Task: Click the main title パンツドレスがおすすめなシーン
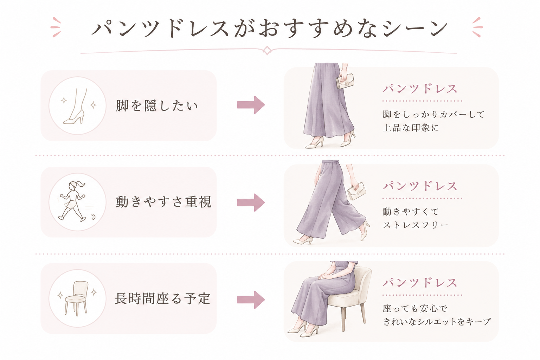tap(270, 28)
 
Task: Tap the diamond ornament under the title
tap(267, 51)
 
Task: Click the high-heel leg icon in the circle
tap(75, 106)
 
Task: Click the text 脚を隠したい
tap(157, 106)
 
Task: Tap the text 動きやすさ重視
tap(163, 202)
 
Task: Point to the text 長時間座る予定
tap(162, 299)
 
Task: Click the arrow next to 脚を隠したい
tap(251, 105)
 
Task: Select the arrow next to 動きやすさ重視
tap(251, 202)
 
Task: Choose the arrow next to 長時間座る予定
tap(251, 300)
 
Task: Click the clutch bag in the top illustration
tap(345, 81)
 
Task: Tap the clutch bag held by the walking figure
tap(356, 191)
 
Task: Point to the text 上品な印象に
tap(411, 128)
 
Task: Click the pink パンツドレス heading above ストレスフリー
tap(420, 186)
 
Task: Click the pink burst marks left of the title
tap(56, 27)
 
